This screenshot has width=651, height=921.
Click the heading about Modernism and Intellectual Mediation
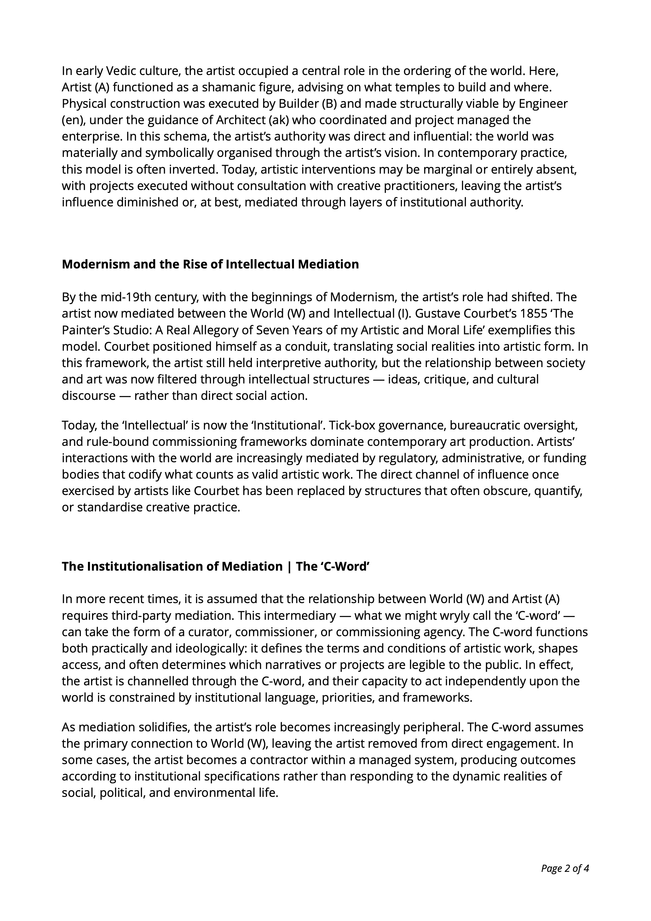coord(210,264)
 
